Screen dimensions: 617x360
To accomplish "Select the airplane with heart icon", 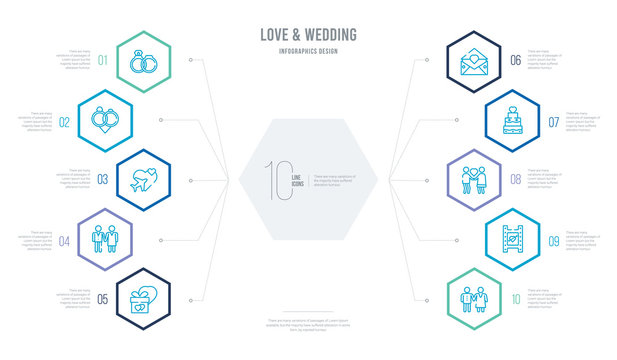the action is [x=145, y=180].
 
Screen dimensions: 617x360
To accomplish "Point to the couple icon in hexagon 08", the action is [x=471, y=180].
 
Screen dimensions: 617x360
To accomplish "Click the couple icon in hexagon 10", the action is [x=471, y=296].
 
